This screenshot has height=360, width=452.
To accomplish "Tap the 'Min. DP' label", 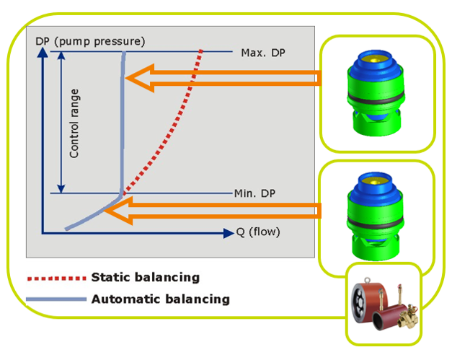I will [254, 193].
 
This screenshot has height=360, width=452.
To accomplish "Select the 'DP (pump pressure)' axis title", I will [89, 41].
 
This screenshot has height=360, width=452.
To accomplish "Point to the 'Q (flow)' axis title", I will [257, 232].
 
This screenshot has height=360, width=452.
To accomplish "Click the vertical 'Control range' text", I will [74, 123].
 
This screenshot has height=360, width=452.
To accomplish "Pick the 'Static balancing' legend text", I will [145, 277].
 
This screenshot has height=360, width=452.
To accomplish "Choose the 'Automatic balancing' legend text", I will [160, 299].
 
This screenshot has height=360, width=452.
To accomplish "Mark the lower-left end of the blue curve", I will [66, 229].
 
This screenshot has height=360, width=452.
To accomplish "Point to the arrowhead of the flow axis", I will [229, 232].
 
